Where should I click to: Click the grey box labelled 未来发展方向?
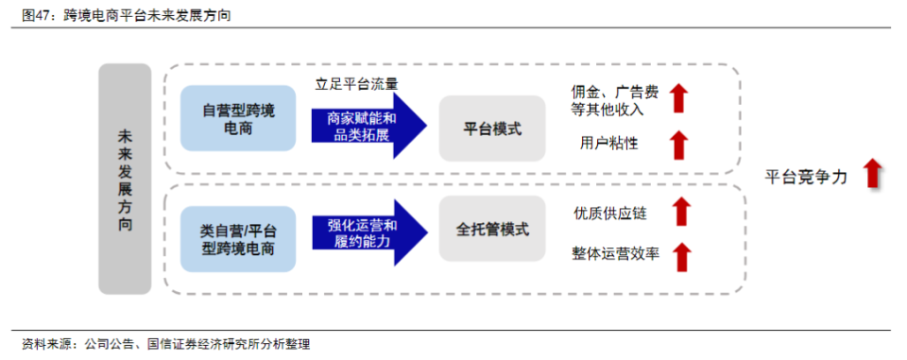click(125, 179)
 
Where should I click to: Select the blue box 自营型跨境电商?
click(239, 119)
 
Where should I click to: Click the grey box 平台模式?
click(492, 129)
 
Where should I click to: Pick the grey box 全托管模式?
click(492, 230)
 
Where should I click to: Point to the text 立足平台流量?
click(358, 83)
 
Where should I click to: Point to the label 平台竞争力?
click(807, 177)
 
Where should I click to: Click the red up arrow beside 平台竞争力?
click(873, 175)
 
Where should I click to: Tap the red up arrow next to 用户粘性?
click(678, 145)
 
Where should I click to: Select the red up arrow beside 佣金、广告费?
click(678, 98)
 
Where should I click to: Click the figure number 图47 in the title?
click(38, 17)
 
